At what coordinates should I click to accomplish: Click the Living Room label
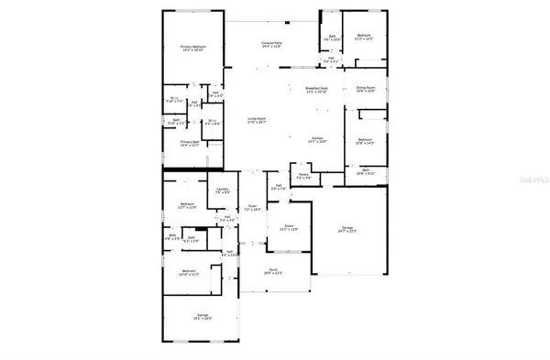pyautogui.click(x=256, y=120)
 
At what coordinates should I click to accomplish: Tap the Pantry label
pyautogui.click(x=303, y=175)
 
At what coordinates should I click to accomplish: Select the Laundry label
pyautogui.click(x=221, y=191)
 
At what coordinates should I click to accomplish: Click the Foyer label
pyautogui.click(x=252, y=208)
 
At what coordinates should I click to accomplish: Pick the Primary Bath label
pyautogui.click(x=187, y=143)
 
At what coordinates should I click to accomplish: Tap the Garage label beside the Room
pyautogui.click(x=346, y=229)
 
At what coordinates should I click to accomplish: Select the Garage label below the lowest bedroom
pyautogui.click(x=202, y=317)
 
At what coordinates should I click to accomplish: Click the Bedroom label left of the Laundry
pyautogui.click(x=187, y=204)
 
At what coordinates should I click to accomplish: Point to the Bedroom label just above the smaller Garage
pyautogui.click(x=188, y=271)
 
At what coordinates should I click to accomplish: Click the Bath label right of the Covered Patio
pyautogui.click(x=332, y=38)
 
